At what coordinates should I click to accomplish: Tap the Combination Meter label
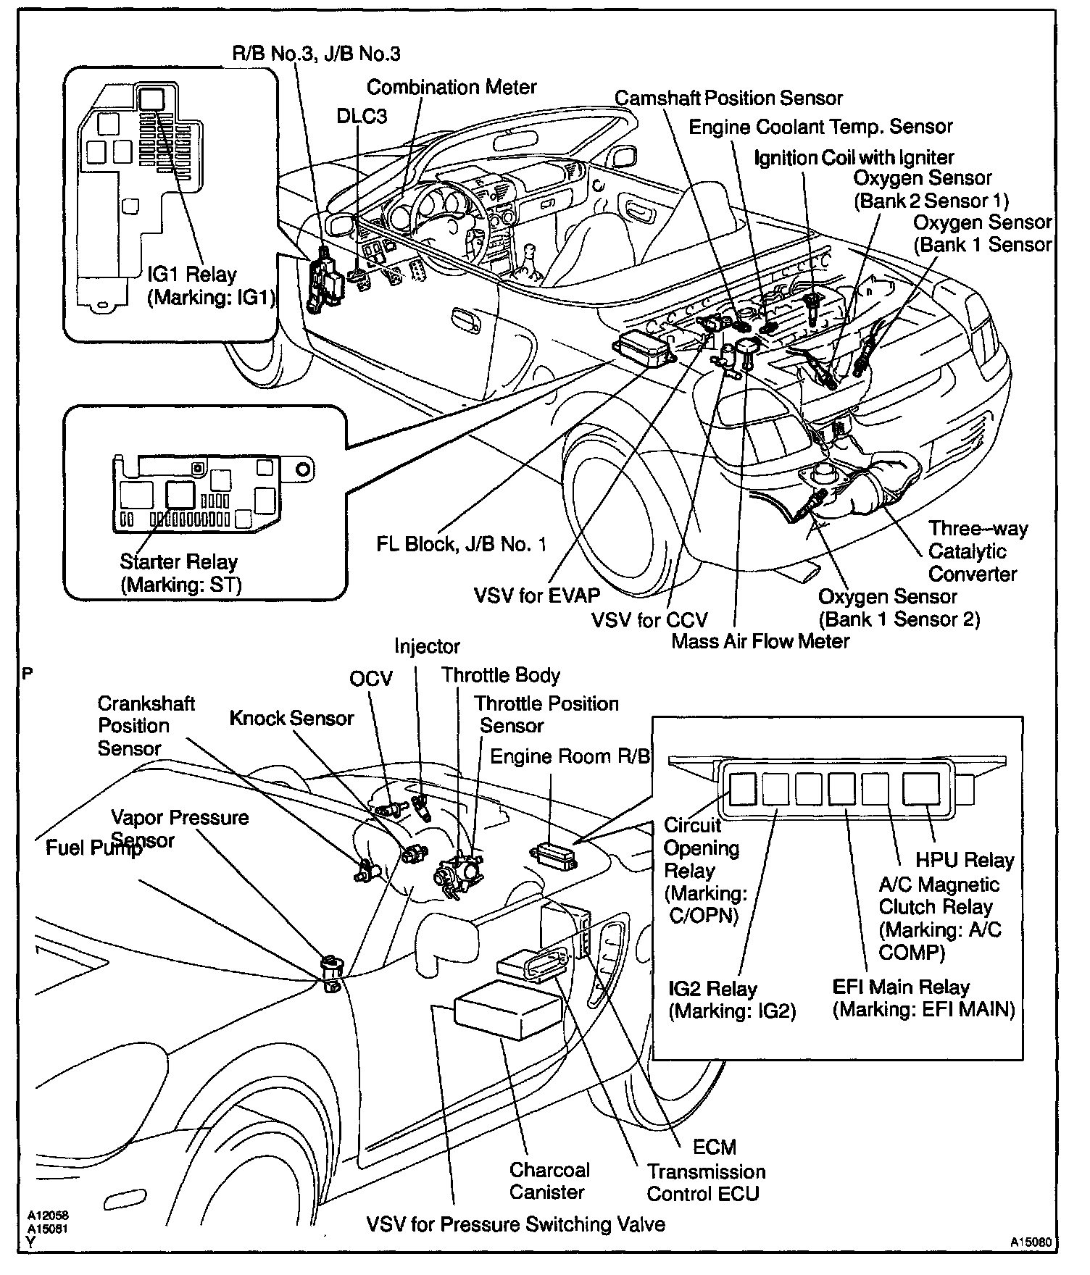[452, 87]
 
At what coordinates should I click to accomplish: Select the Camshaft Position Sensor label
[728, 98]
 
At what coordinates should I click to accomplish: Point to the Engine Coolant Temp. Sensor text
[820, 127]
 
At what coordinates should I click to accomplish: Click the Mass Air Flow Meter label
[760, 641]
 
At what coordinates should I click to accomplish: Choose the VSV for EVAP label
[537, 595]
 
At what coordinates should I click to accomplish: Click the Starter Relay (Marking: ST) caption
[180, 572]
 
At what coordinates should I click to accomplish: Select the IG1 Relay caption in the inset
[210, 286]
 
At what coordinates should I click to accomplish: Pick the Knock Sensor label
[291, 718]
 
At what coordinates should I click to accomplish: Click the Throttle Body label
[501, 675]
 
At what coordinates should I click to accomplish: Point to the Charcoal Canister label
[549, 1181]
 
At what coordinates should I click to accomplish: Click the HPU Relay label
[965, 860]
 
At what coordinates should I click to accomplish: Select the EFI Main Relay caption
[923, 998]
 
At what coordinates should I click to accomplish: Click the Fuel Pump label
[93, 848]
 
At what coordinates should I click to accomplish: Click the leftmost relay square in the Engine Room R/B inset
[743, 789]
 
